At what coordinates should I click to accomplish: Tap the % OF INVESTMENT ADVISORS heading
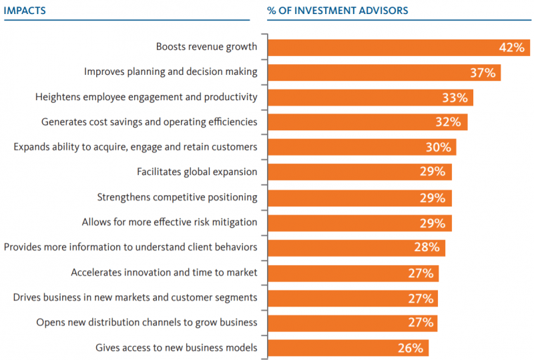338,11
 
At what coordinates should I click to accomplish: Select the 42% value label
511,47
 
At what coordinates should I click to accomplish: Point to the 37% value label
481,72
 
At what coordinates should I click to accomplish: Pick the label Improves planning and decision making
170,71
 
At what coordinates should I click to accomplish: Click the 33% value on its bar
455,98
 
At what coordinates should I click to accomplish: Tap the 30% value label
439,147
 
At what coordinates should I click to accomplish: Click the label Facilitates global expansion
197,172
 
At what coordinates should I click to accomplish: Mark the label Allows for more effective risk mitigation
170,222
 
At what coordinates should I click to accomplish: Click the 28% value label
426,247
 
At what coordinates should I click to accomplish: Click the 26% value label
410,347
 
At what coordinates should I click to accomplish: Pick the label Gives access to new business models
176,347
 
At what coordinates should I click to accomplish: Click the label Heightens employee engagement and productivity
146,97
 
